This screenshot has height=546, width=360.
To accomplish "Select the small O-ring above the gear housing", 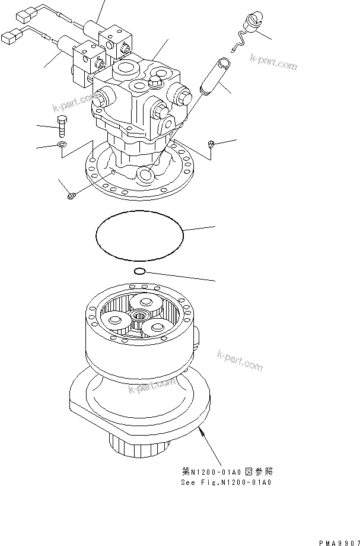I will click(x=139, y=271).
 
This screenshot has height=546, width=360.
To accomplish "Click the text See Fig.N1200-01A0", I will click(x=227, y=482).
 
